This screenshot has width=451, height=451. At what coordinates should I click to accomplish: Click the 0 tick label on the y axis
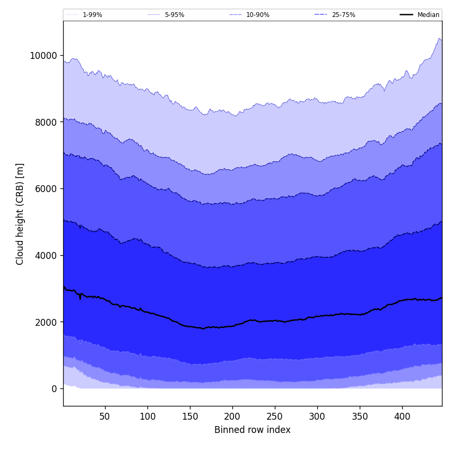pyautogui.click(x=54, y=389)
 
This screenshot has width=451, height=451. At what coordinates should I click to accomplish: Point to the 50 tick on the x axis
pyautogui.click(x=105, y=417)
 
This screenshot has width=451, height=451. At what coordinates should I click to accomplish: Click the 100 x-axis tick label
pyautogui.click(x=148, y=417)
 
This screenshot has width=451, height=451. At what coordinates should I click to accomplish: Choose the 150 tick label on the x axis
pyautogui.click(x=190, y=417)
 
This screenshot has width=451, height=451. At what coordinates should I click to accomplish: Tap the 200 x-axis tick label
pyautogui.click(x=232, y=417)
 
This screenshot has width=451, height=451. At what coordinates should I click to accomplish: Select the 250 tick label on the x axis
pyautogui.click(x=275, y=417)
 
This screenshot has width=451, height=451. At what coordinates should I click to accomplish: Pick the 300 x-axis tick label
pyautogui.click(x=317, y=417)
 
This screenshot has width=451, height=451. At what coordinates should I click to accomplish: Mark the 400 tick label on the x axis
pyautogui.click(x=402, y=417)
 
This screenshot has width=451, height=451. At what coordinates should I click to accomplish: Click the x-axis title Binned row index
pyautogui.click(x=253, y=430)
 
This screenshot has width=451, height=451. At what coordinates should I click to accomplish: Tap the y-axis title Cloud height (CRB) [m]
pyautogui.click(x=20, y=214)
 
